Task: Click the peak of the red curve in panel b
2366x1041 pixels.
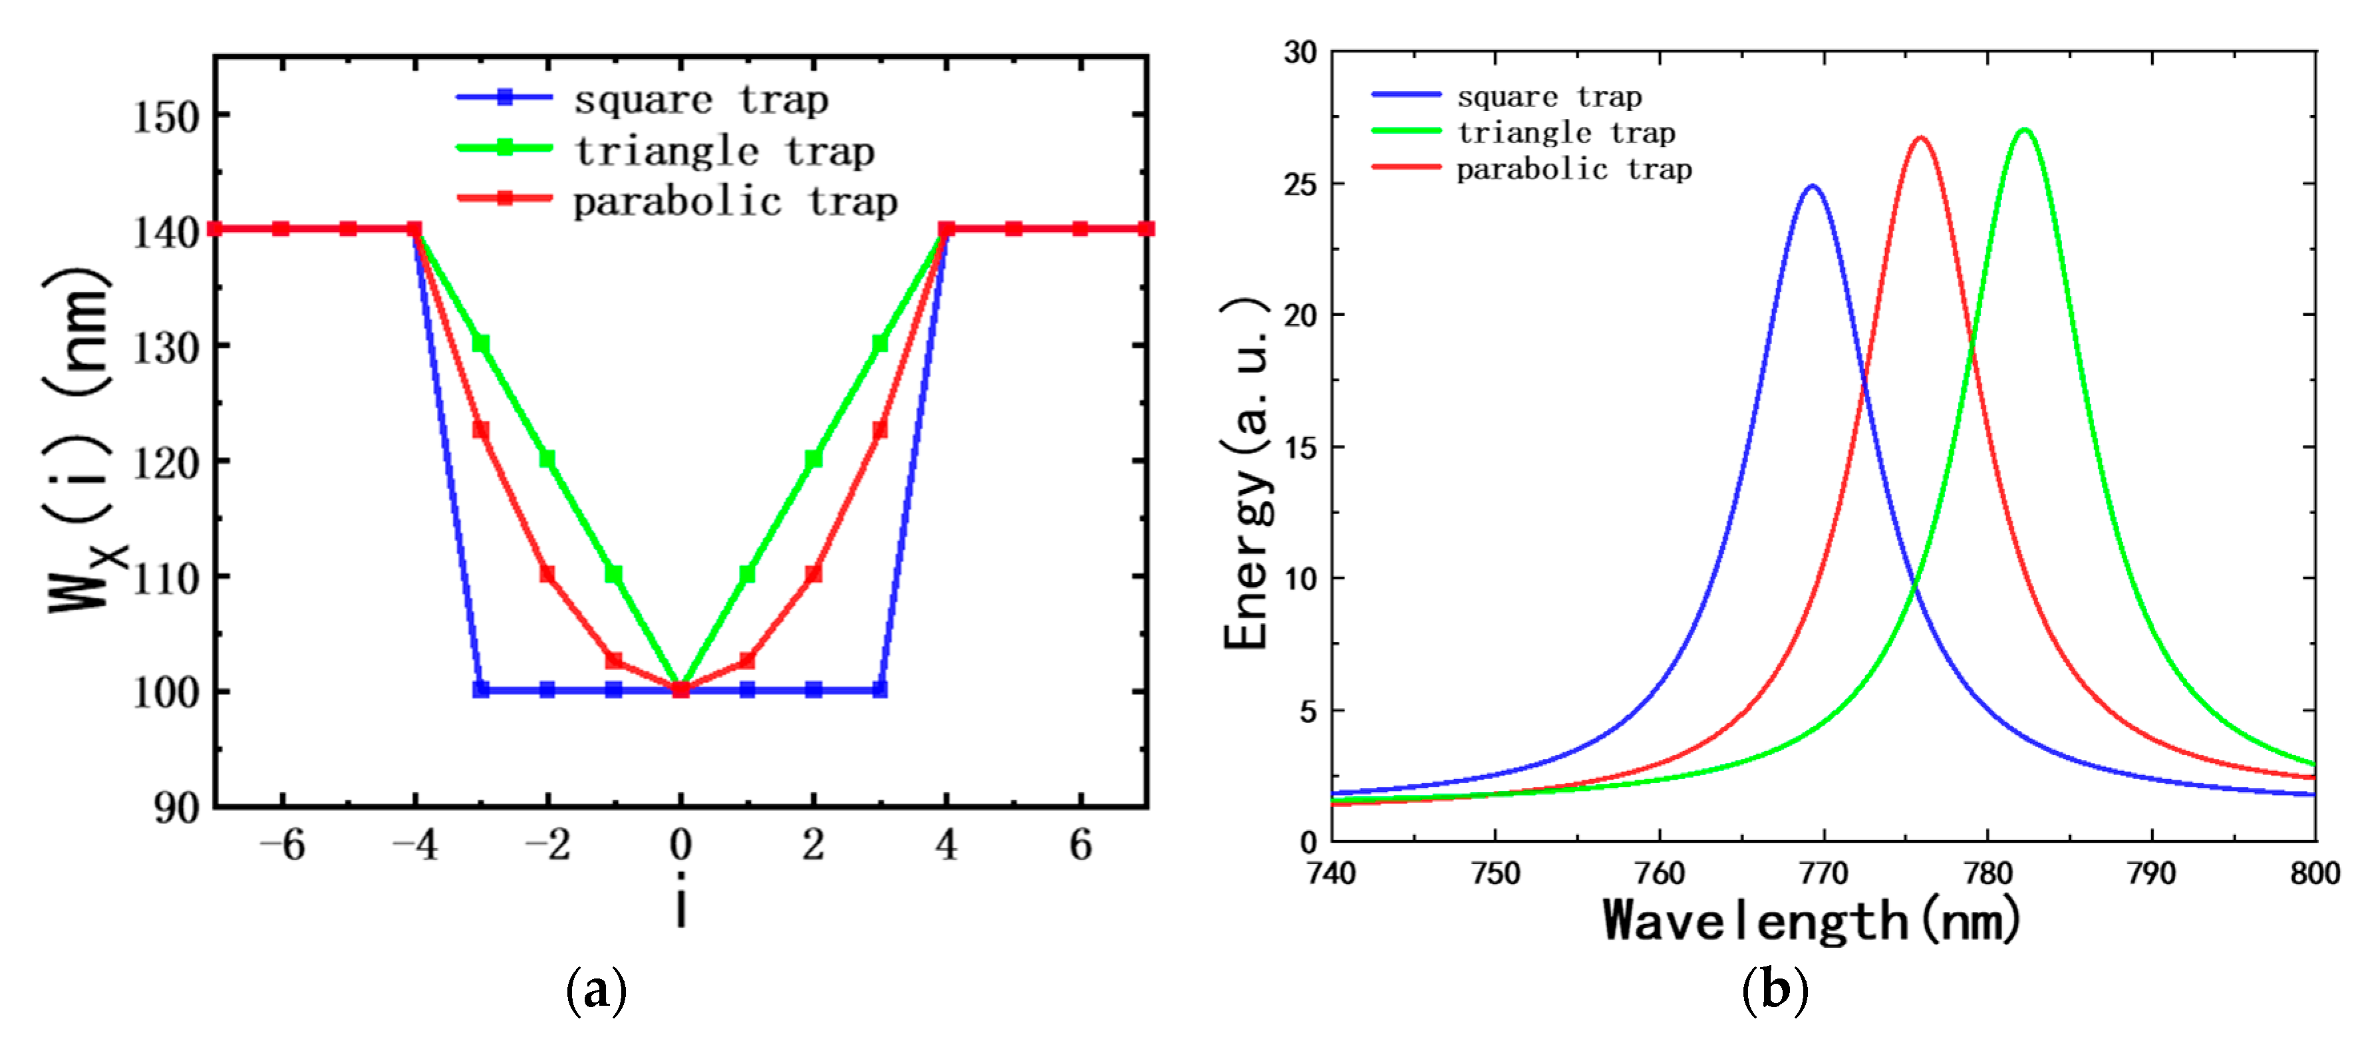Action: [1920, 139]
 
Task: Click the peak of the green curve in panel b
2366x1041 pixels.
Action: [2023, 130]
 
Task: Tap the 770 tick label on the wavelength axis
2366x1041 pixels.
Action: [1823, 873]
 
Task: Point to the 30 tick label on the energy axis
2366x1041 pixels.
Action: [1300, 53]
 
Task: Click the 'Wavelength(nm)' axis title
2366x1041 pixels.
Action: [1811, 921]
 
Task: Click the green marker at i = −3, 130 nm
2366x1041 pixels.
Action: [480, 344]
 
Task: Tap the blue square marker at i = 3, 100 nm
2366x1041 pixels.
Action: [879, 689]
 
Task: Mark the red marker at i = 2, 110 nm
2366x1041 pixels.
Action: [813, 574]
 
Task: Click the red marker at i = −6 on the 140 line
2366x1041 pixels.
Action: [281, 229]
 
